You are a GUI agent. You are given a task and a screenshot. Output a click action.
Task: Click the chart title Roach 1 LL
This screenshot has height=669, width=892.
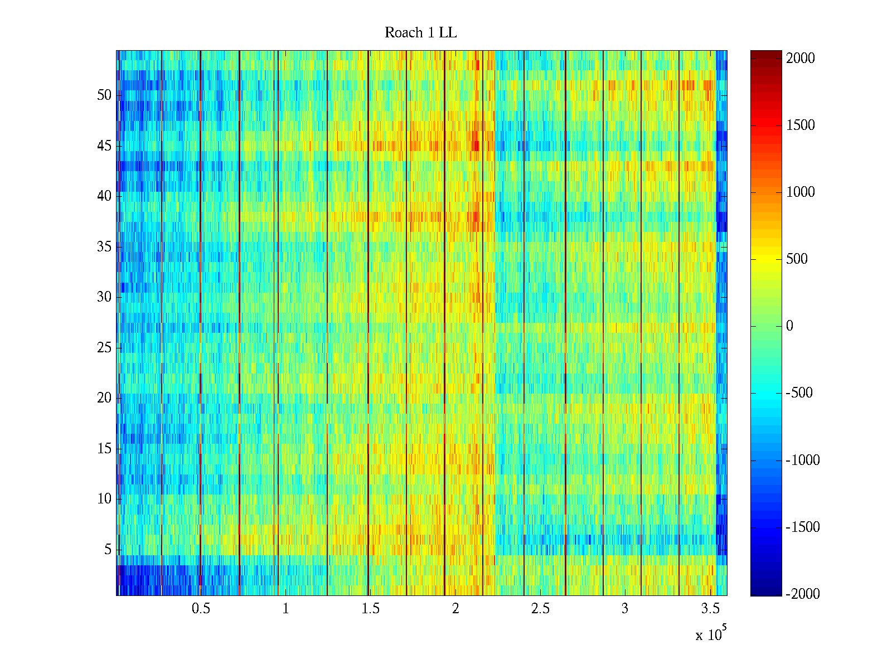coord(420,33)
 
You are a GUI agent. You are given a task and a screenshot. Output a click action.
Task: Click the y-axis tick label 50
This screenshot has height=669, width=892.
coord(104,95)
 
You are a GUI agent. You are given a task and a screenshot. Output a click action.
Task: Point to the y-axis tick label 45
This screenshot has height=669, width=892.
coord(104,146)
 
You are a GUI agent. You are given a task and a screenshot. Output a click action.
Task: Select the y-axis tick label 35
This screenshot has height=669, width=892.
coord(104,246)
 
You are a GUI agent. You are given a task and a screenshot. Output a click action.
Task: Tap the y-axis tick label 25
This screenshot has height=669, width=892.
coord(104,348)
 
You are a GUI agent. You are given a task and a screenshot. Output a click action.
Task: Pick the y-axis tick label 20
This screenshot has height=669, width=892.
coord(104,398)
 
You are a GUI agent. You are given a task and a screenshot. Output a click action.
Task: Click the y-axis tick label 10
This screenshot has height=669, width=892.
coord(104,499)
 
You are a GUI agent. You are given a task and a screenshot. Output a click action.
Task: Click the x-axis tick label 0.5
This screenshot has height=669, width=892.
coord(201,609)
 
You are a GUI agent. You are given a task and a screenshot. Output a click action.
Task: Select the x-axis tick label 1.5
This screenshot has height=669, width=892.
coord(370,609)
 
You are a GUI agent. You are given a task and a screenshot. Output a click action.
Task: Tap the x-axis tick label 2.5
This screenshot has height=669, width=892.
coord(540,609)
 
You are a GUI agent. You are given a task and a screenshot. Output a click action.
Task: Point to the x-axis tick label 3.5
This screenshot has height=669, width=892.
coord(710,609)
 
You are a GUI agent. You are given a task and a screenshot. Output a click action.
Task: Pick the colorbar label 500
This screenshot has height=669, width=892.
coord(797,259)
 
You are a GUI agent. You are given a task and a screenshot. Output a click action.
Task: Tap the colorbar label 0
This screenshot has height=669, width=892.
coord(789,326)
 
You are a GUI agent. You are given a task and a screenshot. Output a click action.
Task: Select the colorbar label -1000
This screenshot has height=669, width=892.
coord(802,460)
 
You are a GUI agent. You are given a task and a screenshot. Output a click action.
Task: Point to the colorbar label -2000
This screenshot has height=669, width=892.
coord(802,594)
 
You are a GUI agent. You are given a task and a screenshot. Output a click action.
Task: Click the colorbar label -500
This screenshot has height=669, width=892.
coord(799,393)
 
